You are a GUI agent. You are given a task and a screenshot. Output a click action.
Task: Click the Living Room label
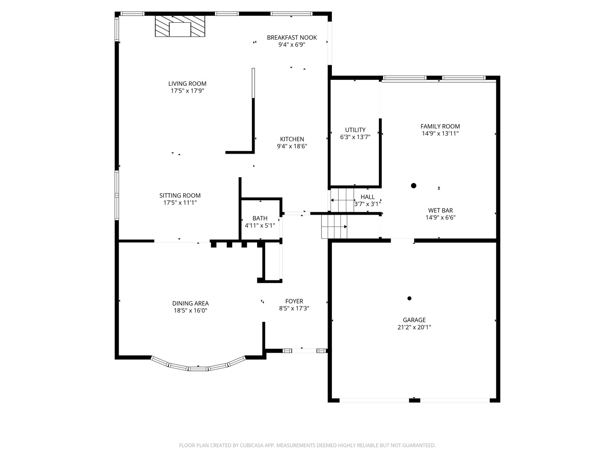(187, 84)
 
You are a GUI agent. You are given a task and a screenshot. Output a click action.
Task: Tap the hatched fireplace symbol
(180, 26)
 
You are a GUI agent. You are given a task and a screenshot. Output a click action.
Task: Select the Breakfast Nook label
(292, 38)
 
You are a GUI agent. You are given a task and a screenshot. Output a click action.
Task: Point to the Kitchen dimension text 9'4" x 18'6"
(292, 146)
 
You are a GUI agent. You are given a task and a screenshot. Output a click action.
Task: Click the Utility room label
(355, 130)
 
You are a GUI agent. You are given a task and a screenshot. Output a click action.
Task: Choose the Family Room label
(440, 126)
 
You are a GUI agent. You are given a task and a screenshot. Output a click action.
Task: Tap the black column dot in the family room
(413, 186)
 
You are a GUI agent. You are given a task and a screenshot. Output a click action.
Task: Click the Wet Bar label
(440, 210)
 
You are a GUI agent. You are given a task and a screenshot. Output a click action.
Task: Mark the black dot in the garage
(409, 298)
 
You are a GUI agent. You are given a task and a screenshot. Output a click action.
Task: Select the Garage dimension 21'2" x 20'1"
(414, 327)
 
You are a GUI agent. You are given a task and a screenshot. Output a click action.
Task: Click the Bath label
(260, 218)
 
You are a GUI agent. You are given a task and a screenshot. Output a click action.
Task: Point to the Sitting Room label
(180, 195)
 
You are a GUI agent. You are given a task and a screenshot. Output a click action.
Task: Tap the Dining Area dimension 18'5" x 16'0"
(190, 311)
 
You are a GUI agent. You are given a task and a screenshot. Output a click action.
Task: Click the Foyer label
(294, 301)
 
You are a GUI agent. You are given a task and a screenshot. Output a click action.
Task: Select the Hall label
(367, 197)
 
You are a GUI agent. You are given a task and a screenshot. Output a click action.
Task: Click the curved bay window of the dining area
(198, 367)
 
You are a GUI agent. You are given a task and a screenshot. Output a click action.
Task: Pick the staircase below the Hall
(334, 226)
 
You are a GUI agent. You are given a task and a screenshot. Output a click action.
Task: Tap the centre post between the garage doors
(414, 400)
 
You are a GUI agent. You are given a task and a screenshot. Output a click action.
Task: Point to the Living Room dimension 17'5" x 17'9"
(187, 91)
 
